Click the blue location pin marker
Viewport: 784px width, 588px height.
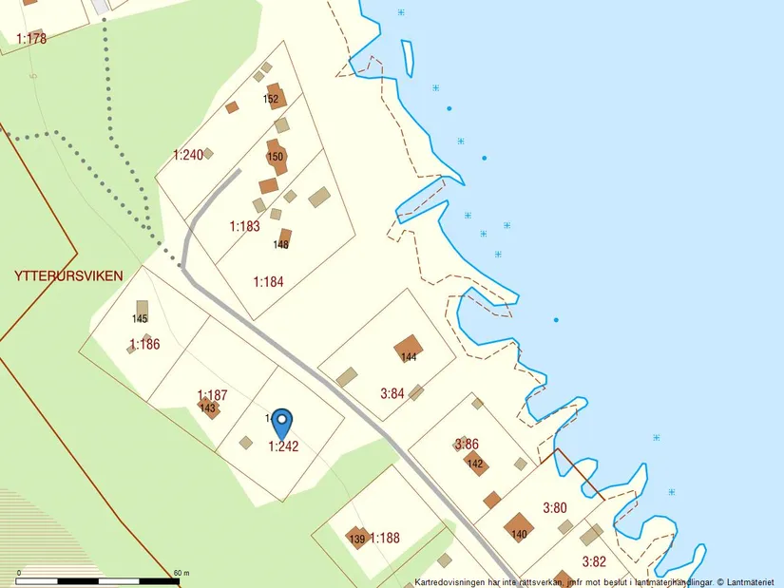(281, 422)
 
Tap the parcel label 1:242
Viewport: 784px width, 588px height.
(283, 446)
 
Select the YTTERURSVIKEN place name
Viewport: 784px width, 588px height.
(68, 276)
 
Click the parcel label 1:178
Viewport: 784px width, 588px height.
(31, 39)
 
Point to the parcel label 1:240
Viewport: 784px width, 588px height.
(188, 155)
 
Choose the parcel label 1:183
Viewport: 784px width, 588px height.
(244, 227)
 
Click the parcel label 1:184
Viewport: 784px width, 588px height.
(268, 282)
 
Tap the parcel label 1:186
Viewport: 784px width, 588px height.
(144, 344)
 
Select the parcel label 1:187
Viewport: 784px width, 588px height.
(212, 394)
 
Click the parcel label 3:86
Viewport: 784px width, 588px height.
(467, 444)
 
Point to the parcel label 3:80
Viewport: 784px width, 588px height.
(554, 508)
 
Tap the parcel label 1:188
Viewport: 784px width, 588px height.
(384, 538)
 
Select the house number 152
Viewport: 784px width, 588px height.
(271, 100)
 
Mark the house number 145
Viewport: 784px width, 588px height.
(141, 318)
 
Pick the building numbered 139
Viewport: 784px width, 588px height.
(357, 538)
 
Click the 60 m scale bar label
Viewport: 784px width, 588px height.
(182, 573)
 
